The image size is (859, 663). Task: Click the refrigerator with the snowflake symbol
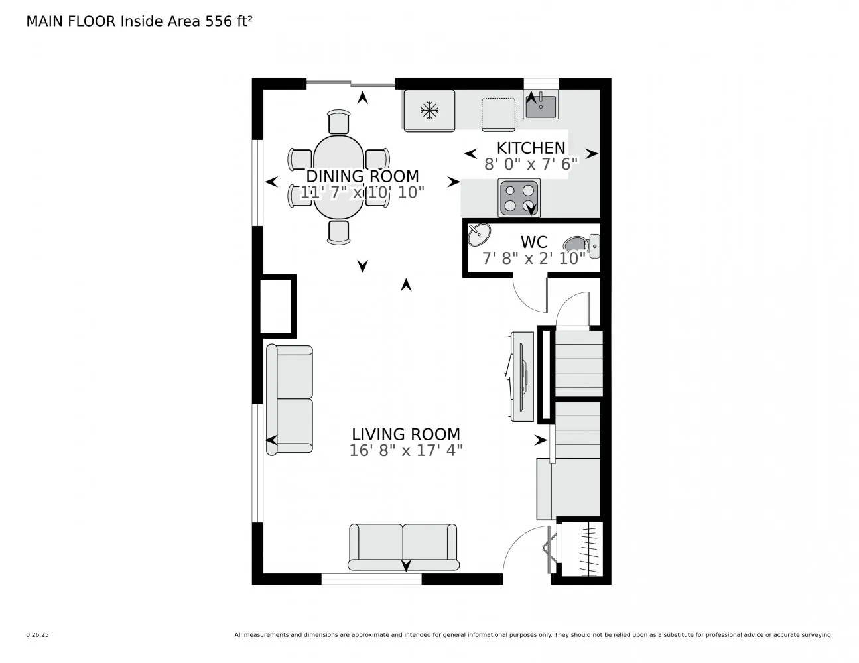pos(429,110)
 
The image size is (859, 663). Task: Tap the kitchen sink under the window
pos(541,104)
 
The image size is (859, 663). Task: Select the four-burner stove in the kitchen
pos(519,198)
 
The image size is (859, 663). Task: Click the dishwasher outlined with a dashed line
pos(498,113)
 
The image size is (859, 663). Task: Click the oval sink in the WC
pos(479,234)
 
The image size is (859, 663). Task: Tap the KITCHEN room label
pos(531,148)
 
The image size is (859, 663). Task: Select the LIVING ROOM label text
pos(405,434)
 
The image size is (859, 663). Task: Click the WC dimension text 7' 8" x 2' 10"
pos(533,258)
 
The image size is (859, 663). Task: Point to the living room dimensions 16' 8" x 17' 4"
pos(405,451)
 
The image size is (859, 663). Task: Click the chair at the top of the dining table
pos(338,122)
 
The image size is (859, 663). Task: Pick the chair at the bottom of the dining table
pos(338,232)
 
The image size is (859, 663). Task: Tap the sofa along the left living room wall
pos(289,399)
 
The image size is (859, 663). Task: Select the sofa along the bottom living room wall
pos(403,546)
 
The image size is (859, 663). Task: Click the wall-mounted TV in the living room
pos(523,376)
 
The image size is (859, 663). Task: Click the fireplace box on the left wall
pos(277,306)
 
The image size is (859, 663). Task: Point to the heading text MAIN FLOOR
pos(70,21)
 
